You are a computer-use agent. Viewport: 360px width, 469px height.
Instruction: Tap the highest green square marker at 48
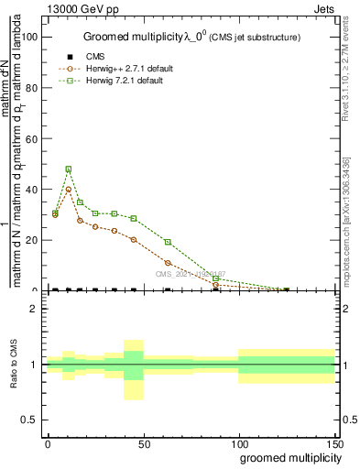tap(69, 169)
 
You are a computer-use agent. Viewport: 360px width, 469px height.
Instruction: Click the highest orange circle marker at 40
tap(69, 190)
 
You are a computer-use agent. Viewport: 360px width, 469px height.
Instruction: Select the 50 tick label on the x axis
tap(143, 443)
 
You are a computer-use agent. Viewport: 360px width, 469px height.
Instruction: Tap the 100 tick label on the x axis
tap(238, 443)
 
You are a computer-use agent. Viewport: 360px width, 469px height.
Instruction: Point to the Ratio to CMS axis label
tap(15, 365)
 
